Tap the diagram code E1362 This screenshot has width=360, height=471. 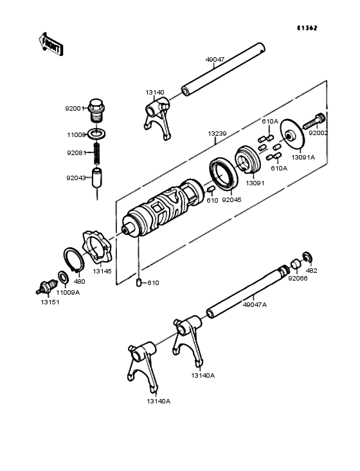(309, 28)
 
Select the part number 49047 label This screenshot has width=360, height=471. (215, 60)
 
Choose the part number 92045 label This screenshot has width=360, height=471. (231, 200)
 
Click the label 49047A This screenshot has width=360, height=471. (255, 304)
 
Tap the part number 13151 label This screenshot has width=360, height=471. (49, 302)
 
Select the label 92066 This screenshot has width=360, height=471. (298, 279)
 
